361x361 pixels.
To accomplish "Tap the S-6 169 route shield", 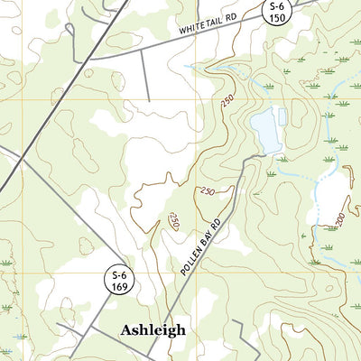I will pyautogui.click(x=119, y=282).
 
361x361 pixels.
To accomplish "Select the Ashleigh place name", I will pyautogui.click(x=153, y=330).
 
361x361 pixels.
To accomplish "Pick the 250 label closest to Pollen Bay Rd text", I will pyautogui.click(x=174, y=220).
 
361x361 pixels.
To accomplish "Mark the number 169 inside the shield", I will pyautogui.click(x=119, y=288).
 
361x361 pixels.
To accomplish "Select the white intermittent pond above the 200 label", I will pyautogui.click(x=329, y=194).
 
